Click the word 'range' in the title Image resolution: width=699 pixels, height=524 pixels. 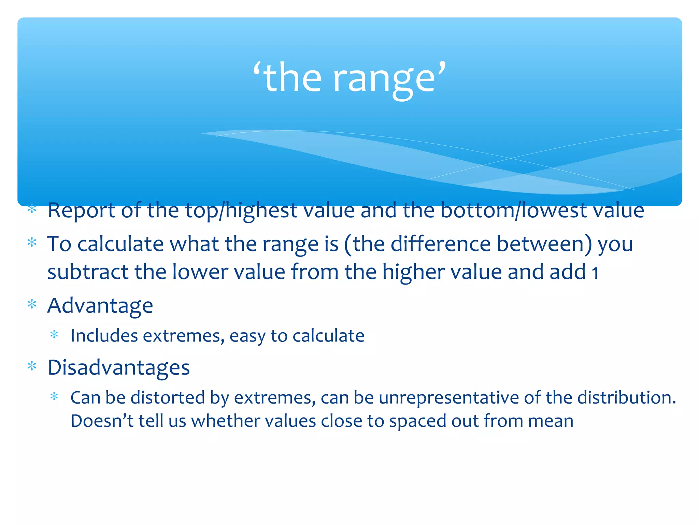click(384, 79)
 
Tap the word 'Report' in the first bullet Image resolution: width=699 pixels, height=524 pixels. click(81, 210)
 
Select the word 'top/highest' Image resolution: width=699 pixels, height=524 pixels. click(241, 210)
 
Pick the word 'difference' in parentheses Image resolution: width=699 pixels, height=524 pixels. click(440, 244)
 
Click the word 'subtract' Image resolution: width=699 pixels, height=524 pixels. click(88, 272)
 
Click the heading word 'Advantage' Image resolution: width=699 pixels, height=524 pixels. click(100, 306)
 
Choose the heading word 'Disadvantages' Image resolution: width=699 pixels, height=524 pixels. click(118, 367)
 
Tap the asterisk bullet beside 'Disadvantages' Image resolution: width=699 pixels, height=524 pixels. click(32, 366)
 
